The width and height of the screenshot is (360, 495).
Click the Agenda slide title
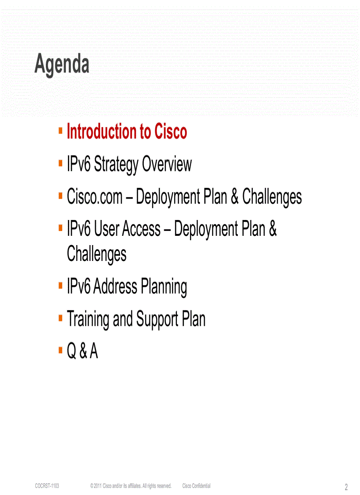(x=62, y=65)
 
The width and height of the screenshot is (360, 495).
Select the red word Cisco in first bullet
(x=170, y=132)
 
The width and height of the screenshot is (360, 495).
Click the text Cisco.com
(x=94, y=197)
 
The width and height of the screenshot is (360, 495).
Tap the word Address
(x=115, y=287)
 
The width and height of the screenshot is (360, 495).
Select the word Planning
(x=164, y=287)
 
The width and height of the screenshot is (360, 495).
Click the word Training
(x=87, y=319)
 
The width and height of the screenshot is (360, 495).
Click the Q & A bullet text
(x=82, y=351)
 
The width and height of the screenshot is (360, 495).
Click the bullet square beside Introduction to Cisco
(x=60, y=131)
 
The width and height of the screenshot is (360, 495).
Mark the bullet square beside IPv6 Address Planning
(x=60, y=287)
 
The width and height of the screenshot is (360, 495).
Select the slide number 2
(x=346, y=487)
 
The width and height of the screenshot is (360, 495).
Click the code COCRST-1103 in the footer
(x=47, y=486)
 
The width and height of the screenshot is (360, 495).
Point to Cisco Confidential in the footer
(x=196, y=486)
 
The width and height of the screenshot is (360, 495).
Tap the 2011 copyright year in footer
(x=97, y=486)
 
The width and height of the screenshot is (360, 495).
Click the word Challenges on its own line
(x=97, y=254)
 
